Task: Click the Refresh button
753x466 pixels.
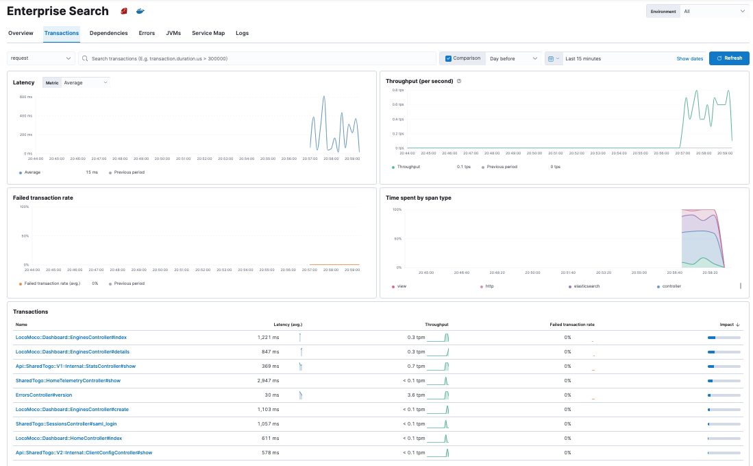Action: (729, 58)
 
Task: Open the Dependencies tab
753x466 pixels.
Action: (108, 33)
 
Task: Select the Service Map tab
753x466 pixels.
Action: (208, 33)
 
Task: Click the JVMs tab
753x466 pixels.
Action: (173, 33)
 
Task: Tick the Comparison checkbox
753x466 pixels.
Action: (449, 58)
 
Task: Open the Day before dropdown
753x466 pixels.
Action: (514, 58)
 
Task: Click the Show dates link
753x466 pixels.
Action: (689, 58)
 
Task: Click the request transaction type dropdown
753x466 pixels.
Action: (41, 58)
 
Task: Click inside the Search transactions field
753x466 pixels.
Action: (257, 58)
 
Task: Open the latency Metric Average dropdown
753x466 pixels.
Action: (86, 82)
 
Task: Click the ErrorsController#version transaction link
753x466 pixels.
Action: (44, 395)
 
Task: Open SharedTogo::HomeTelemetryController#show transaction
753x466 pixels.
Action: (68, 380)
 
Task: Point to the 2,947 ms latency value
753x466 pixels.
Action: (268, 380)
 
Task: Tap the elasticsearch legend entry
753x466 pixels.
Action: (585, 286)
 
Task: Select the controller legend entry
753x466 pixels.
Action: (671, 286)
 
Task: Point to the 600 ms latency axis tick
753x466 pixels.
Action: (25, 97)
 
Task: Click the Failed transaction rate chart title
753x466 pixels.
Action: (43, 198)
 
